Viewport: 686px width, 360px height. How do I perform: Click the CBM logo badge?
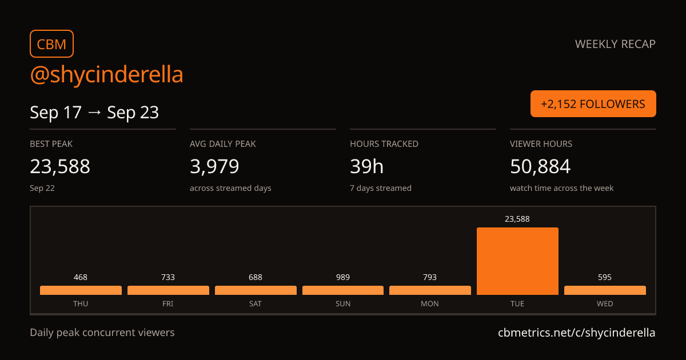52,44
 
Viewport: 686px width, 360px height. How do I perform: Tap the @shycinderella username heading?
106,74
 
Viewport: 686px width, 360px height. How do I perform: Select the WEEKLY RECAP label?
615,44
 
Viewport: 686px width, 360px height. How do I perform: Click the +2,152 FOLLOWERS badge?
593,104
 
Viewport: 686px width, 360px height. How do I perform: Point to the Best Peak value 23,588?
60,166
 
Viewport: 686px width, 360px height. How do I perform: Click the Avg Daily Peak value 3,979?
214,166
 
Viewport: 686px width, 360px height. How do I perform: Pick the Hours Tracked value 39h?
366,166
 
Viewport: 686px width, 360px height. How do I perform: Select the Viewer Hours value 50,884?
540,166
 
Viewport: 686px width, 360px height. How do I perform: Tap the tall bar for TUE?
517,261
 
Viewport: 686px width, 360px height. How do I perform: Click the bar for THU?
81,290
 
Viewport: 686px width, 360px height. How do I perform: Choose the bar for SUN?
343,290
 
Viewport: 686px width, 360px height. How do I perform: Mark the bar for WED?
605,290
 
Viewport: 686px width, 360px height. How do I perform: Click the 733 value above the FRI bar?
168,277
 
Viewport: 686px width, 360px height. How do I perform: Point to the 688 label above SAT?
256,277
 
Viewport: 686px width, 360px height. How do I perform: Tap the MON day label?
430,303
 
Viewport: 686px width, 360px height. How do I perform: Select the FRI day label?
168,303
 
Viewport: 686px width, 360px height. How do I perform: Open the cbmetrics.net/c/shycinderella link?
577,333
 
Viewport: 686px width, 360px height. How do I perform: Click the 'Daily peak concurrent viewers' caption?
102,333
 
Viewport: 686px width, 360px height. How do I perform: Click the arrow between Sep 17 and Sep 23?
94,113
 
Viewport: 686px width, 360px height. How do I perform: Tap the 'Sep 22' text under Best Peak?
42,188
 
